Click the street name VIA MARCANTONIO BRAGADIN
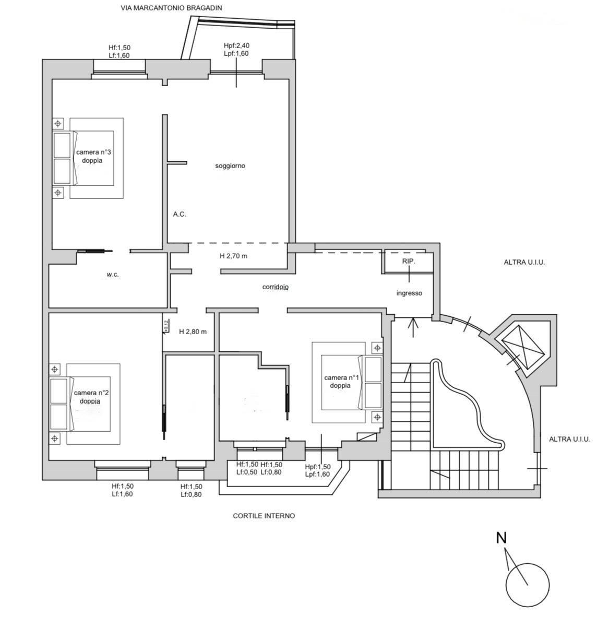coord(171,8)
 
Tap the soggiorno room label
coord(230,166)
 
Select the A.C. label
coord(180,214)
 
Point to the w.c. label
coord(113,275)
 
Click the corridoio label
coord(275,287)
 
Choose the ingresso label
coord(409,293)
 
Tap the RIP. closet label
coord(409,261)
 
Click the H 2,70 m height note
coord(234,256)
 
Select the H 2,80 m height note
coord(193,331)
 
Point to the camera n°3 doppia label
coord(93,156)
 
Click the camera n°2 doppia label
coord(91,397)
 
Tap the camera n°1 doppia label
coord(341,382)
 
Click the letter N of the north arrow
coord(501,538)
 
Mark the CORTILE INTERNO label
coord(264,516)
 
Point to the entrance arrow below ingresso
coord(413,327)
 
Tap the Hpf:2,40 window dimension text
coord(236,45)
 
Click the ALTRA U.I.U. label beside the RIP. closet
coord(524,263)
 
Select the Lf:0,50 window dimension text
coord(247,472)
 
